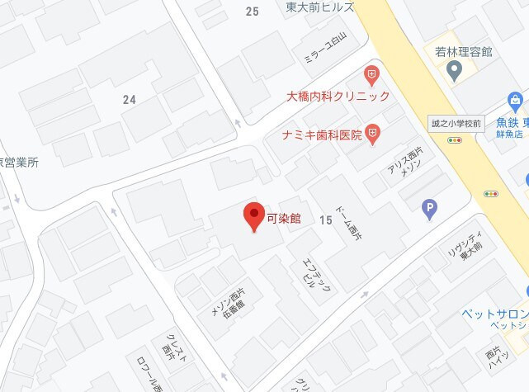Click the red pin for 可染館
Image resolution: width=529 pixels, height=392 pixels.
pos(254,215)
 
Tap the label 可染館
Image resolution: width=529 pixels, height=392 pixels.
pos(284,219)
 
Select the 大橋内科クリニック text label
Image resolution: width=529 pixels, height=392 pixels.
pos(338,97)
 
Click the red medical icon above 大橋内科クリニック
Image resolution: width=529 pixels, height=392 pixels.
pos(372,76)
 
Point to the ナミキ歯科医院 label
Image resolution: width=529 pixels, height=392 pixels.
pos(322,134)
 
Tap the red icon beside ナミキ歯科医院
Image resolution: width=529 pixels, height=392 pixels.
pos(373,132)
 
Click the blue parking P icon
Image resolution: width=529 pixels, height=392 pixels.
pos(428,210)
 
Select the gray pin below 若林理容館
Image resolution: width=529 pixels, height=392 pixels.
pos(453,72)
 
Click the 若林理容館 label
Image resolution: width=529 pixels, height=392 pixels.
pos(464,51)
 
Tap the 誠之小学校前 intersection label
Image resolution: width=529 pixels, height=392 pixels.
pos(455,123)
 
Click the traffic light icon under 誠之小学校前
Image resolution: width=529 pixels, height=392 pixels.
pos(455,140)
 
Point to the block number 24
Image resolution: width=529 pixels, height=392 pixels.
pos(129,100)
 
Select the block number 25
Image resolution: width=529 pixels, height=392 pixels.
pos(253,11)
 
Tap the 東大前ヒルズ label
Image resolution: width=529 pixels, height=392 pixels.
pos(320,7)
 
